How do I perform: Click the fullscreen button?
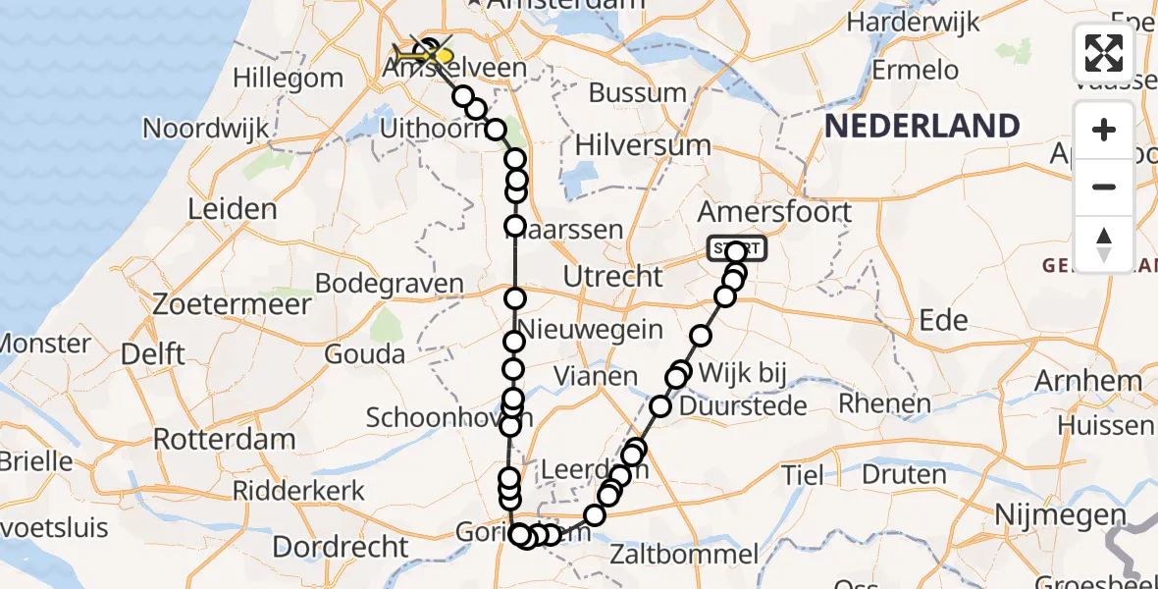click(x=1104, y=52)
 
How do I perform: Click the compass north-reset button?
click(x=1104, y=243)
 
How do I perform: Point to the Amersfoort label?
click(x=773, y=212)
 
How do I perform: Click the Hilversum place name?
click(x=642, y=144)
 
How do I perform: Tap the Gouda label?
click(x=364, y=354)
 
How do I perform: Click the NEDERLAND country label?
click(x=921, y=126)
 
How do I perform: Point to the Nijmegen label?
click(x=1059, y=514)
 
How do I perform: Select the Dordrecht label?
click(x=353, y=546)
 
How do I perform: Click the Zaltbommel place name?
click(x=683, y=554)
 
